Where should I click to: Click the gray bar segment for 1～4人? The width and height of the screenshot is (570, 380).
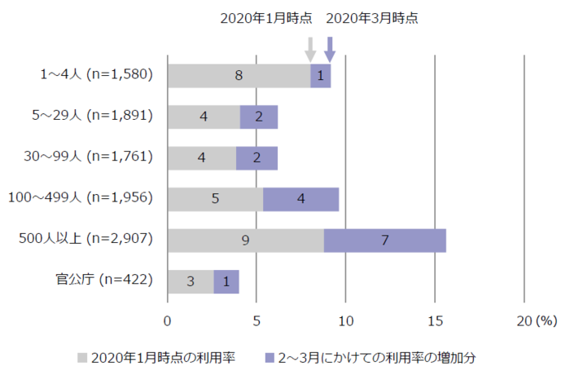pos(239,76)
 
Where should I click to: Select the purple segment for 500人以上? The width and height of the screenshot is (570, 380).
pos(384,240)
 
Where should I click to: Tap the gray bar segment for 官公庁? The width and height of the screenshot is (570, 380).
pos(191,281)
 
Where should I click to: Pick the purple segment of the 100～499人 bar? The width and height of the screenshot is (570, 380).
pos(300,199)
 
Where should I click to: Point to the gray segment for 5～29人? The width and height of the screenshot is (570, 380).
pos(204,117)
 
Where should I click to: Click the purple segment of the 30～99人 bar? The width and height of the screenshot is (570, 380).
pos(256,158)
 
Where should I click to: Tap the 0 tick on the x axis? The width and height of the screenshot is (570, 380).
pos(168,320)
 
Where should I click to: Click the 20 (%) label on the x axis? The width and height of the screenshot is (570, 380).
pos(534,320)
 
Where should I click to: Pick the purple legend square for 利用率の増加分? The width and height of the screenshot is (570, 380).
pos(270,357)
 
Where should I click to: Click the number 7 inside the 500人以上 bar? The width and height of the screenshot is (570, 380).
pos(384,240)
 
